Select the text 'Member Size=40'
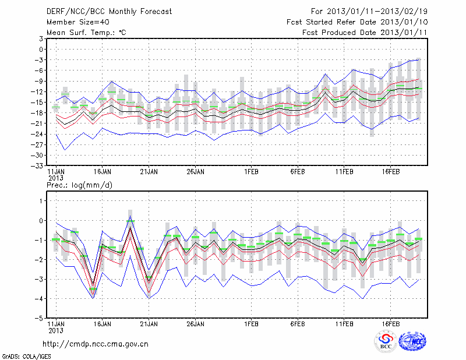(75, 22)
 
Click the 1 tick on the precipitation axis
(41, 200)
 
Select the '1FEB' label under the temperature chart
(252, 172)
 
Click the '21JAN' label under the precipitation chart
(149, 325)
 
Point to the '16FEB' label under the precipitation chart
(390, 325)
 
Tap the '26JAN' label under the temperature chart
(195, 172)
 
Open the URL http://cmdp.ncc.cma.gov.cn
(96, 344)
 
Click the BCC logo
(385, 342)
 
